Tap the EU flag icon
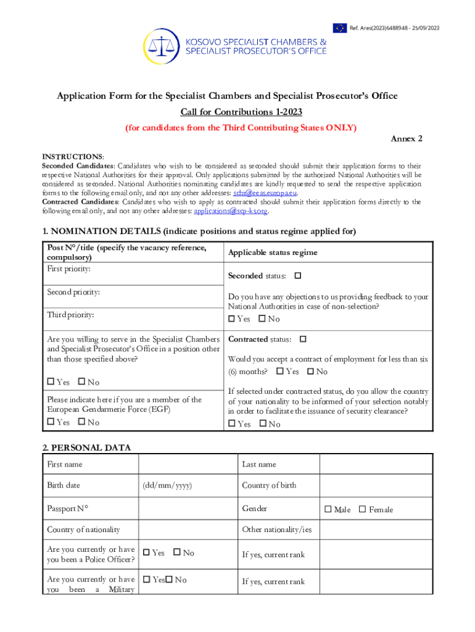[340, 28]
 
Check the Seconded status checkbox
[298, 275]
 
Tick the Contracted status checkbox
[302, 339]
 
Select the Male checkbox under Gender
[328, 509]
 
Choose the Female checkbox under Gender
[362, 509]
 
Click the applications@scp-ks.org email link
[231, 211]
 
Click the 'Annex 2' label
[407, 139]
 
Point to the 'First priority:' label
[69, 269]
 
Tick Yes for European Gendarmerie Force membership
[51, 422]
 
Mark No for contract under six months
[310, 371]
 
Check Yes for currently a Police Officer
[146, 553]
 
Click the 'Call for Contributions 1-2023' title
[241, 112]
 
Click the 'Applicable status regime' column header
[273, 252]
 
